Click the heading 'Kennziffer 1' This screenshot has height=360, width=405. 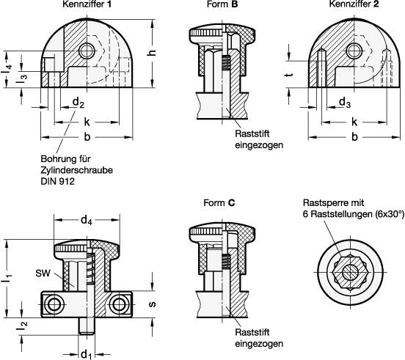(x=87, y=4)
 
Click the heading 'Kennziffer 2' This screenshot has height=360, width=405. (x=354, y=4)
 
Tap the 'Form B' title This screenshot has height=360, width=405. (x=222, y=4)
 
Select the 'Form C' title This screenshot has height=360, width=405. (x=219, y=203)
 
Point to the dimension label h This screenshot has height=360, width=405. (x=153, y=52)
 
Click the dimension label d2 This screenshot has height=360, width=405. (x=79, y=103)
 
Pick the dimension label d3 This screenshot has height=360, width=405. (x=345, y=103)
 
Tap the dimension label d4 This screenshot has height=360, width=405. (x=87, y=221)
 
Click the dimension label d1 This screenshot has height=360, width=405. (x=87, y=355)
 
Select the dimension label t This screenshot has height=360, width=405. (x=289, y=75)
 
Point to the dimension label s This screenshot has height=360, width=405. (x=153, y=304)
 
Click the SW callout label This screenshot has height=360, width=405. (x=43, y=273)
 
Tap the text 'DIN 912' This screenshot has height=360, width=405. (x=58, y=181)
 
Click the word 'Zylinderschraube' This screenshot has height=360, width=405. (x=77, y=170)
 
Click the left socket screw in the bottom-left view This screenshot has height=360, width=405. (x=54, y=304)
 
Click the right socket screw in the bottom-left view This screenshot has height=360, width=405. (x=119, y=304)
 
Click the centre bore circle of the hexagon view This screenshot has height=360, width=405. (x=351, y=273)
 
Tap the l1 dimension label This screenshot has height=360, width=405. (x=8, y=279)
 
